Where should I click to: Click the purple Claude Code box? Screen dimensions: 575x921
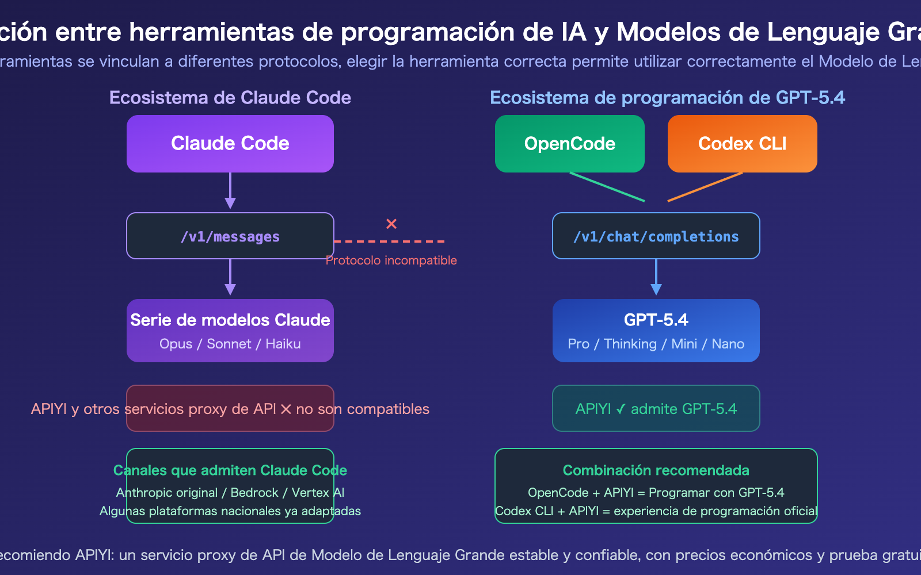point(230,144)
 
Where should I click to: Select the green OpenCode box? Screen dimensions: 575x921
point(570,144)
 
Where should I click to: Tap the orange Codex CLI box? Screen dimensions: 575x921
point(743,144)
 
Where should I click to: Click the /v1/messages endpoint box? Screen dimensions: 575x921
point(230,236)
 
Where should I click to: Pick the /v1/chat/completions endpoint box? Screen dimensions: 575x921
point(656,236)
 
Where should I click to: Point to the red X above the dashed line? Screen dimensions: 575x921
point(391,224)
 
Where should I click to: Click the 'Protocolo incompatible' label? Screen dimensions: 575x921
point(391,260)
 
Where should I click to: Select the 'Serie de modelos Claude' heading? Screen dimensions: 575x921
point(230,320)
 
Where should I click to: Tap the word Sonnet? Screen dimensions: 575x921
point(229,344)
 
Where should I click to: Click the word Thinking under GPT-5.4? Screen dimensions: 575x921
point(630,344)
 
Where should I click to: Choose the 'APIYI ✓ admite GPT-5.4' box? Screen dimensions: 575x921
point(656,409)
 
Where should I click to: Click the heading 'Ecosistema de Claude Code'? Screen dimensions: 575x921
point(230,98)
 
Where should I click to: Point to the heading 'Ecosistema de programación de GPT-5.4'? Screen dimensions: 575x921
point(668,98)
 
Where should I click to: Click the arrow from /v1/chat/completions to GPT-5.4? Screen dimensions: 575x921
point(656,278)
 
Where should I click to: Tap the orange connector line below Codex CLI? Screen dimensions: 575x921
point(705,187)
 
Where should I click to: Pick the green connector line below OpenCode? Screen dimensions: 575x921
point(607,187)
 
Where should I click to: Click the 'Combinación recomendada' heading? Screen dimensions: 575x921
point(656,470)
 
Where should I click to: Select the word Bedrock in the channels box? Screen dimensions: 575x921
point(254,493)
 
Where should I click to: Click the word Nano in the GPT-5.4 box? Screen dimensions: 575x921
point(728,344)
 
